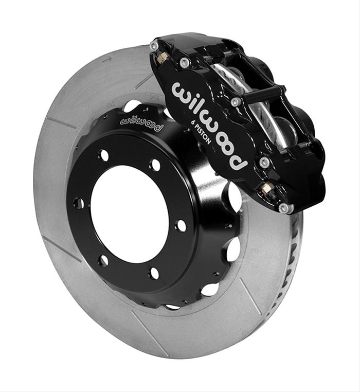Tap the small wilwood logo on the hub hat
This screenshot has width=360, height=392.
pyautogui.click(x=140, y=123)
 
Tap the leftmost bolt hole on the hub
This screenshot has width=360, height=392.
pyautogui.click(x=78, y=203)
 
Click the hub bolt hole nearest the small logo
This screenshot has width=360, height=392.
pyautogui.click(x=155, y=166)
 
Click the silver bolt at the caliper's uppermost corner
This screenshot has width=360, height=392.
pyautogui.click(x=154, y=46)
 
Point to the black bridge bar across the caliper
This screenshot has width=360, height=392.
pyautogui.click(x=263, y=93)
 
